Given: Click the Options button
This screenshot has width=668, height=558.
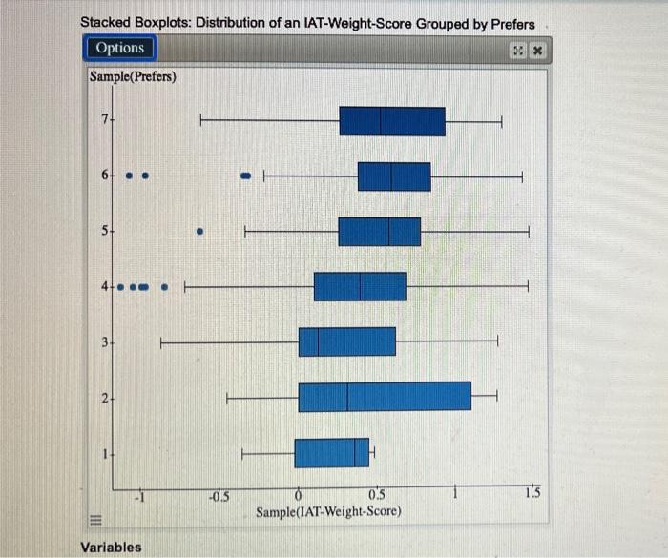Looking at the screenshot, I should (120, 48).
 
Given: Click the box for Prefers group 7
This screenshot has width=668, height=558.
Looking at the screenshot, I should (392, 121).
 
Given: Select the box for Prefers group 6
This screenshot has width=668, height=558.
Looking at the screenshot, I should (394, 176).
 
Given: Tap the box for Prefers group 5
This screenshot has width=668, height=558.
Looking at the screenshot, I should (380, 232).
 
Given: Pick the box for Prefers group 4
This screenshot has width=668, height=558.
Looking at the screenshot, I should (360, 286).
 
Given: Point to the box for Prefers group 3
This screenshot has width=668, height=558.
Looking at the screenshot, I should (346, 341).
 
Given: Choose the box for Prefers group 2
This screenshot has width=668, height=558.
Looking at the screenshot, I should (385, 396).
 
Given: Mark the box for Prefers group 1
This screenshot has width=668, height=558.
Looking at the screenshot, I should (331, 452).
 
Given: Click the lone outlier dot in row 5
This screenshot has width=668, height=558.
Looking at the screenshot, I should (199, 230).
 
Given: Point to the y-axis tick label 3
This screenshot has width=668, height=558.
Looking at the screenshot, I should (106, 341).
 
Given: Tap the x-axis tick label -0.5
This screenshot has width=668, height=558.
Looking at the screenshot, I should (219, 495).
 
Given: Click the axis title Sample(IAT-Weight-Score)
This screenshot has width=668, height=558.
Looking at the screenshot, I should (328, 512).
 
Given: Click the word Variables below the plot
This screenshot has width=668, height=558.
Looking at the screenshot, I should (111, 547).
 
